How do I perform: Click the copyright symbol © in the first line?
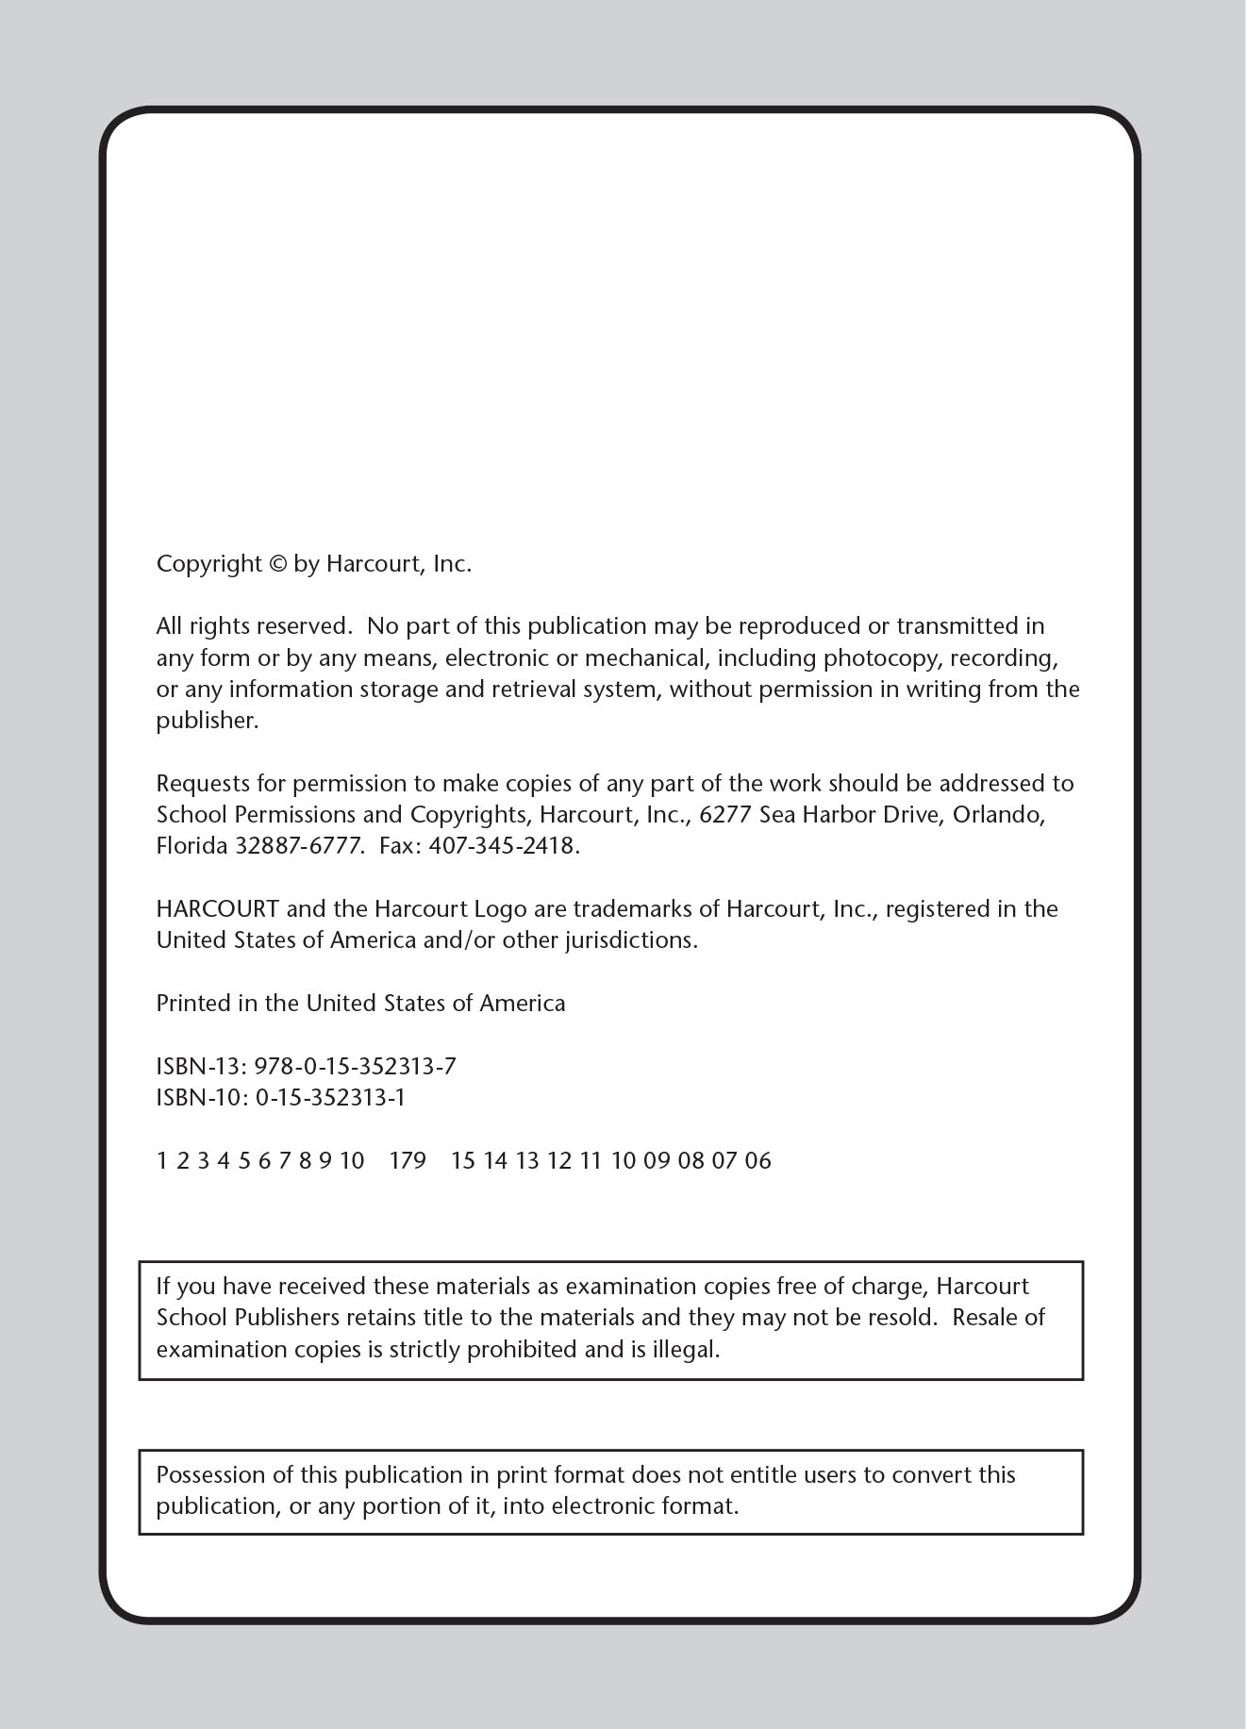click(276, 564)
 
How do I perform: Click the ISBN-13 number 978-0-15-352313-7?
click(356, 1067)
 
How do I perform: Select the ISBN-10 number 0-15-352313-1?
click(330, 1098)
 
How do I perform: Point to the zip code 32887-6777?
click(298, 846)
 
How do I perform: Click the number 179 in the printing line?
click(408, 1161)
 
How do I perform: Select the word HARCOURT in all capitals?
click(217, 909)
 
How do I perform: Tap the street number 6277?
click(725, 815)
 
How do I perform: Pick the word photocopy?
click(882, 658)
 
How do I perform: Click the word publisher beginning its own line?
click(206, 722)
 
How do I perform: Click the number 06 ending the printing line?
click(758, 1161)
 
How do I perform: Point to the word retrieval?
click(534, 690)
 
